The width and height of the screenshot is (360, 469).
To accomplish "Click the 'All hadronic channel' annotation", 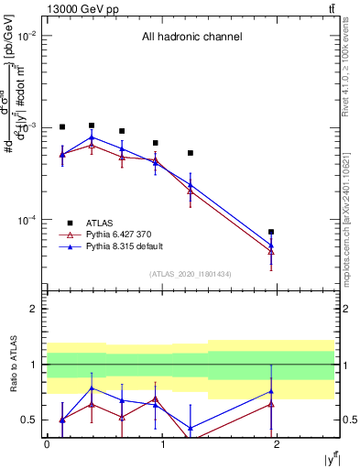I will point(191,38).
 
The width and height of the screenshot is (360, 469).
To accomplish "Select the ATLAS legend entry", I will point(100,223).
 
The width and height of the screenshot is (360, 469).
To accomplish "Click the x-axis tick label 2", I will point(277,443).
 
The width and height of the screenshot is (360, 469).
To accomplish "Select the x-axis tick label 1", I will point(161,443).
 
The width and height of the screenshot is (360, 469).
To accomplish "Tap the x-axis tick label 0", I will point(47,443).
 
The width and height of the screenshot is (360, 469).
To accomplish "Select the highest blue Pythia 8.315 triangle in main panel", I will point(92,137).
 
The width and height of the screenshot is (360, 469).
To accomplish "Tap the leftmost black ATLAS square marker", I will point(62,127).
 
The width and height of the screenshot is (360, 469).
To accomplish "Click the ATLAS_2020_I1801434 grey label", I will point(191,274).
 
